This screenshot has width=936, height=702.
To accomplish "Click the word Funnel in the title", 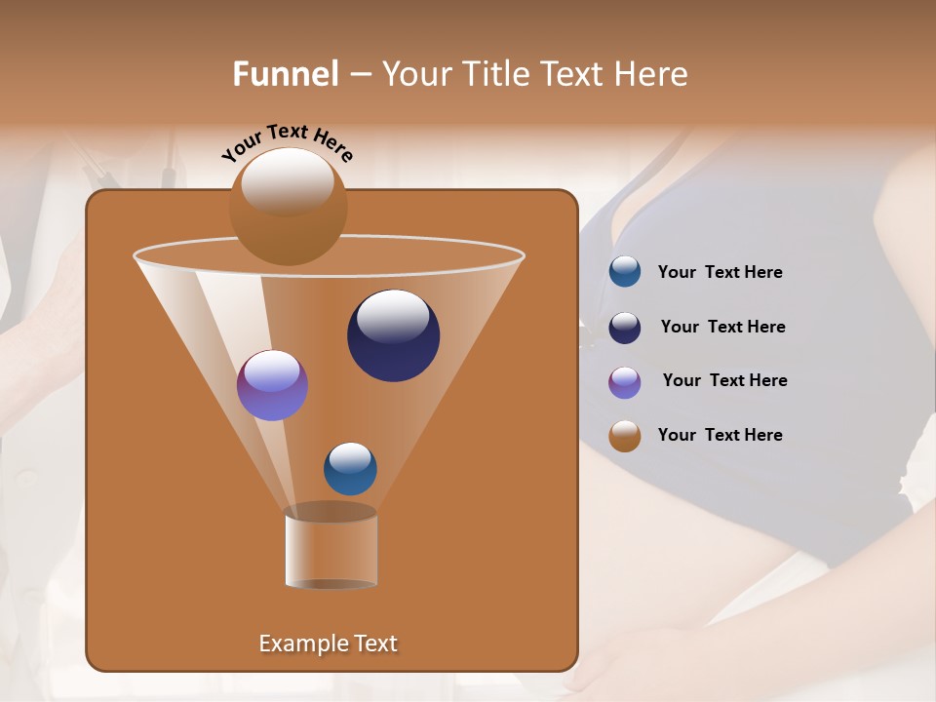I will tap(285, 74).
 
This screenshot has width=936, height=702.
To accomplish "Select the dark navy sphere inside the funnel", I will tap(393, 335).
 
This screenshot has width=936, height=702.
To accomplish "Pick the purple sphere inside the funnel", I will tap(272, 385).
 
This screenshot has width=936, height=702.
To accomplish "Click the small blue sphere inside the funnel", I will tap(350, 468).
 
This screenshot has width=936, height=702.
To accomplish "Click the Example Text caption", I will tap(328, 643).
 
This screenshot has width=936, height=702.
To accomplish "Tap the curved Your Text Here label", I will tap(287, 141).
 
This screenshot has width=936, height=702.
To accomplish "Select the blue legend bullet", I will tap(625, 272).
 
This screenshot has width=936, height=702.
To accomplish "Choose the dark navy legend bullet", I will tap(625, 328).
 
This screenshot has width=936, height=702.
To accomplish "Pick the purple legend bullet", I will tap(625, 382).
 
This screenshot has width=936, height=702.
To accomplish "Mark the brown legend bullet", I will tap(625, 436).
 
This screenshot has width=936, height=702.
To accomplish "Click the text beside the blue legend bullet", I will tap(720, 273).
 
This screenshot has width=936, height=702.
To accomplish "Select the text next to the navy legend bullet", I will tap(722, 328).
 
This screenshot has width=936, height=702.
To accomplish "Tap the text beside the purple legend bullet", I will tap(724, 381).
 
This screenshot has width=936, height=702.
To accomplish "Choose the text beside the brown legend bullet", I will tap(720, 436).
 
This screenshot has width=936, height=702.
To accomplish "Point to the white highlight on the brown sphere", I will tap(288, 181).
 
